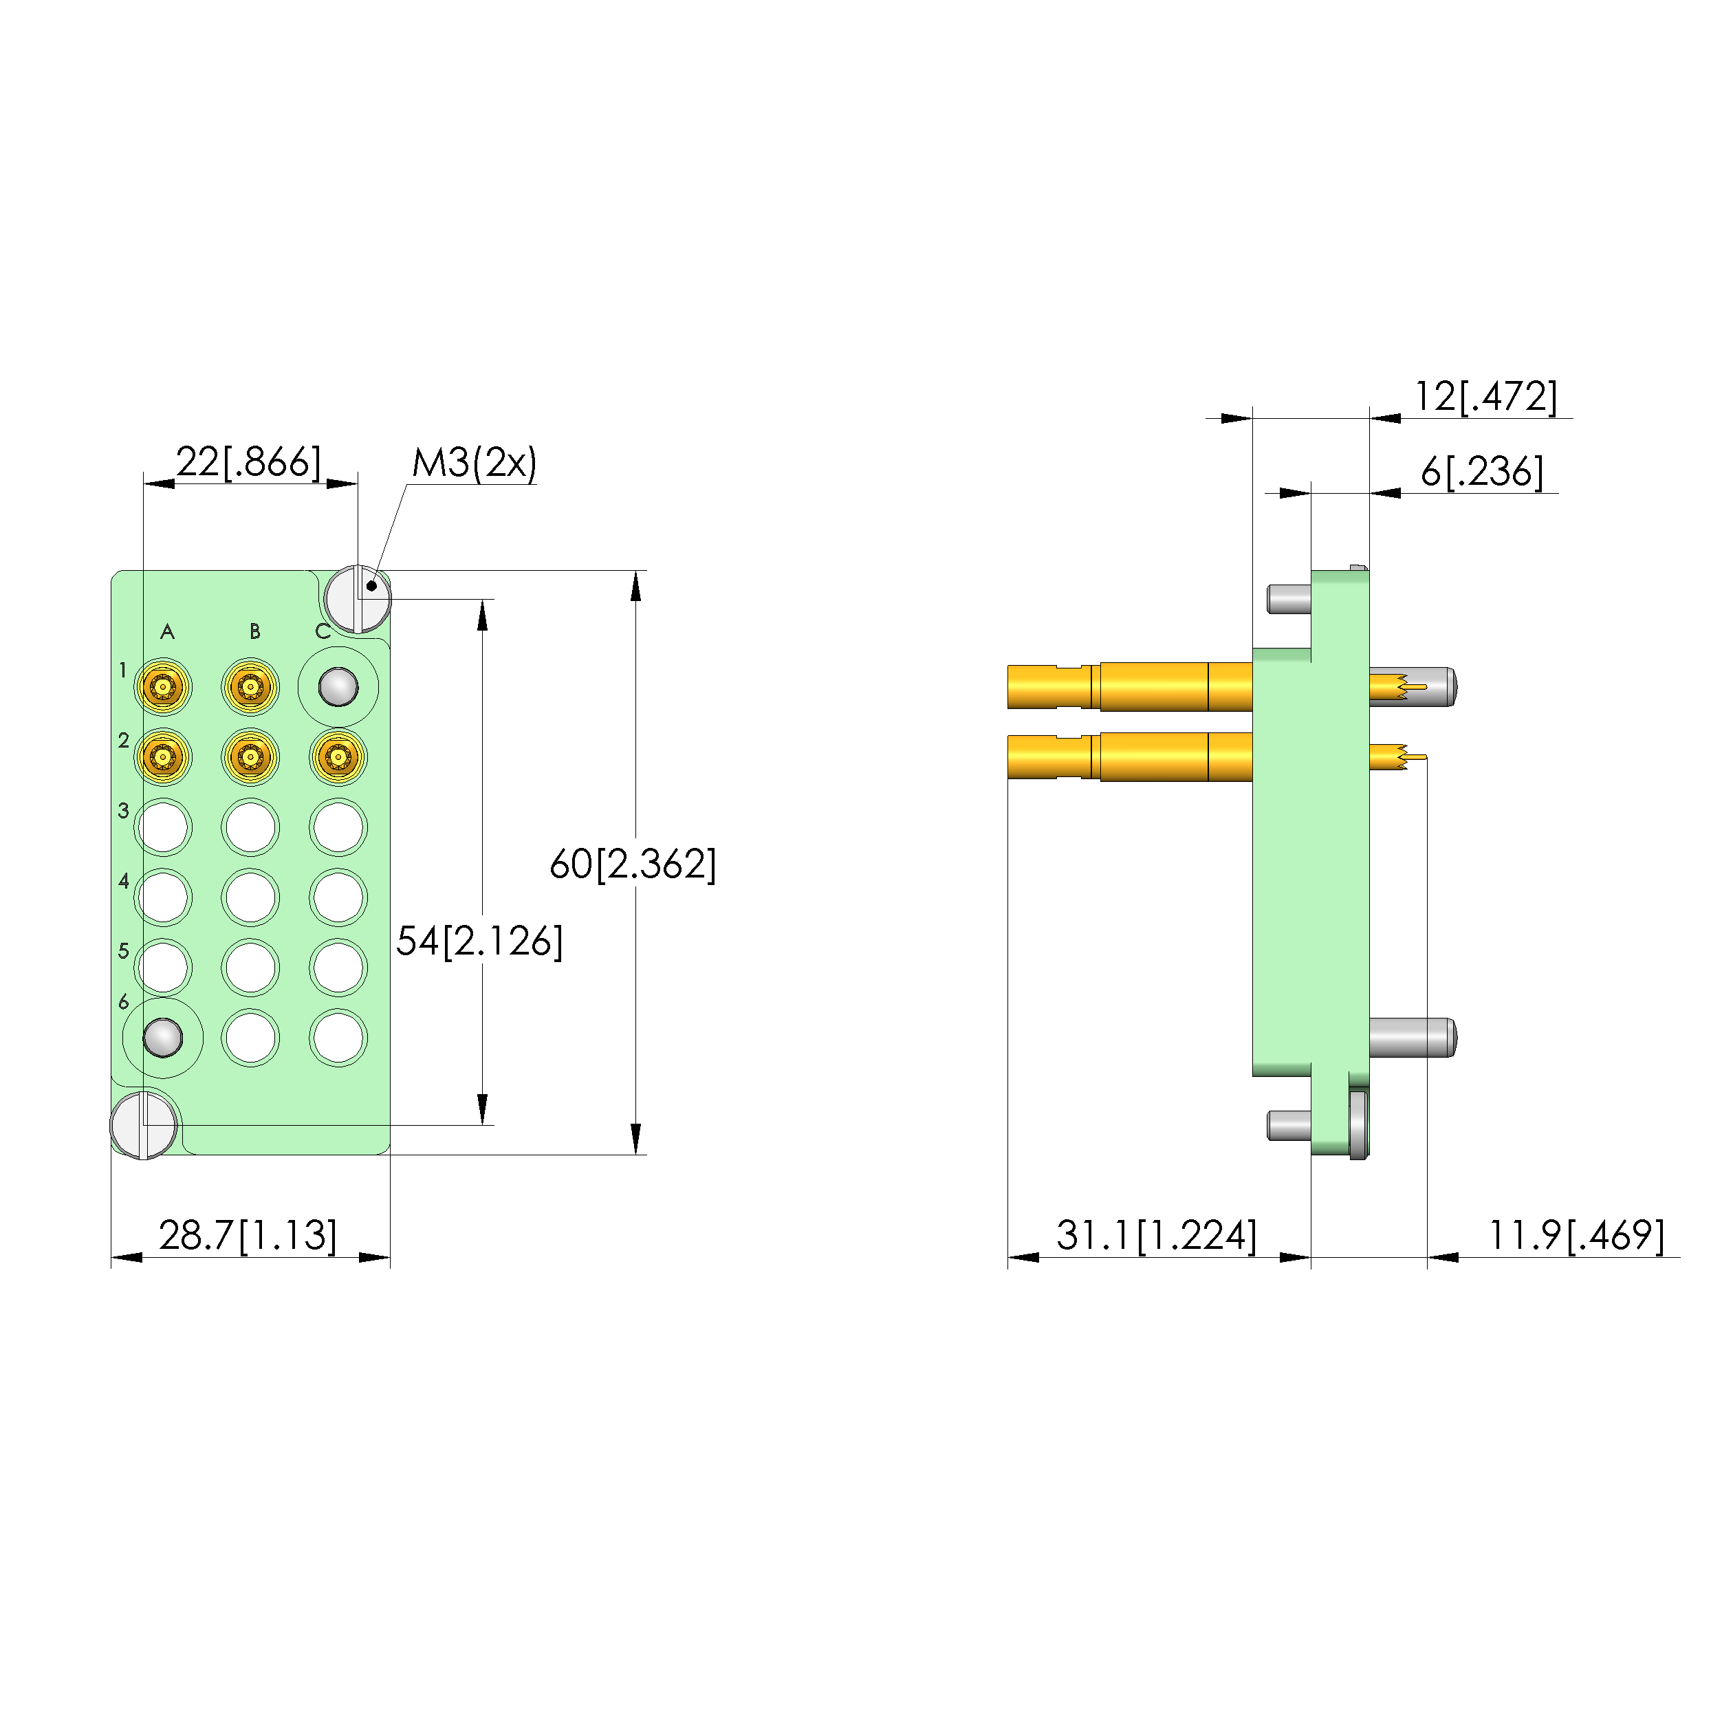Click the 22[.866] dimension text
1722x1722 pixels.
click(x=249, y=461)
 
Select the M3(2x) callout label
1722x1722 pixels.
click(x=475, y=463)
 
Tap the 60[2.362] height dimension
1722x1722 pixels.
click(x=633, y=864)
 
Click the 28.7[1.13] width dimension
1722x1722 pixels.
click(x=248, y=1235)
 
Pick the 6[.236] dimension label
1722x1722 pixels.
click(x=1482, y=472)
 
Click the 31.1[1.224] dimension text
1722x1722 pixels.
click(x=1157, y=1235)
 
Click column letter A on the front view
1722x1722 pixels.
click(x=168, y=632)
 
